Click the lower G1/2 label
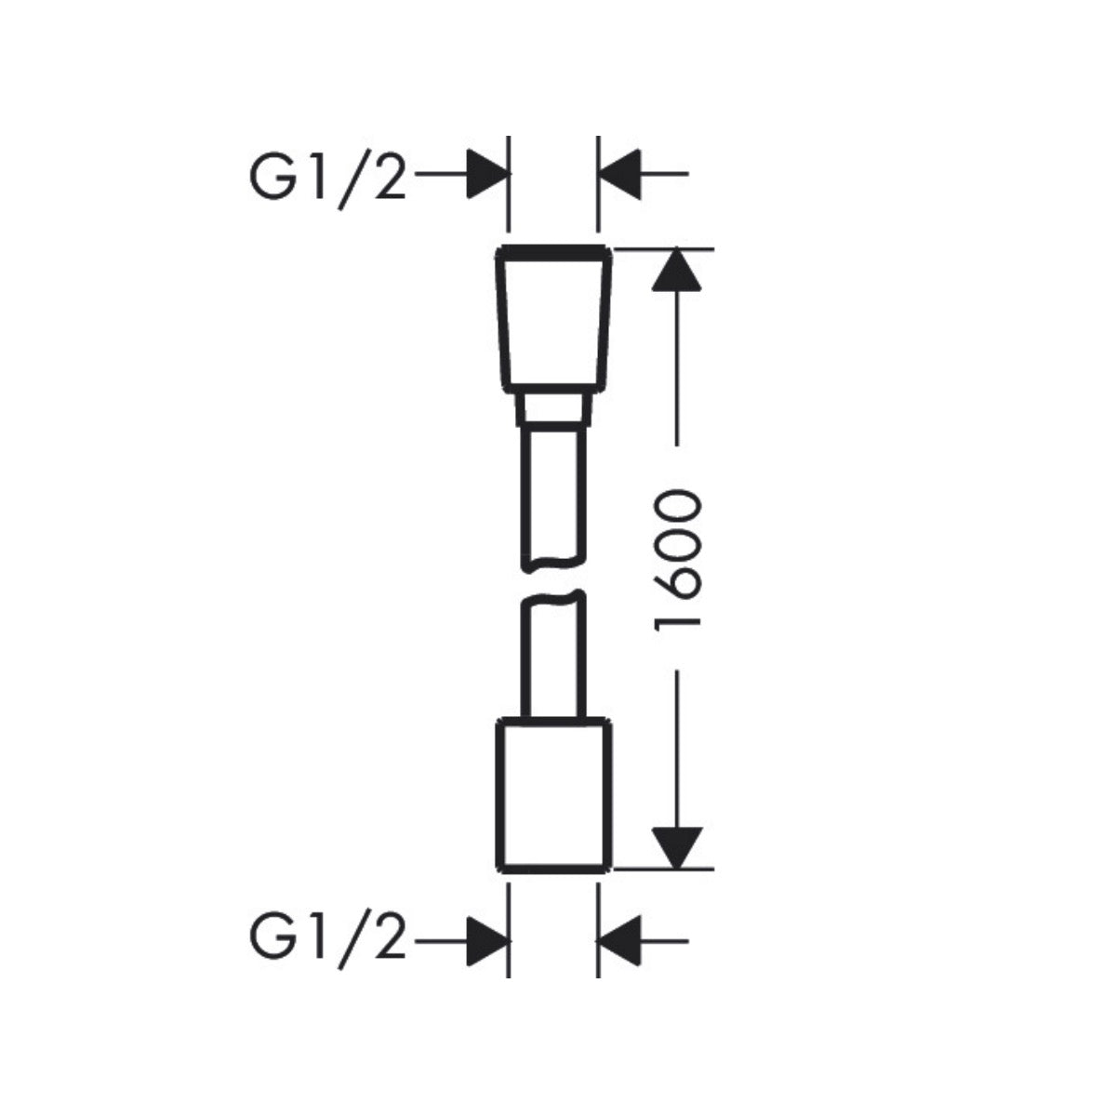point(327,942)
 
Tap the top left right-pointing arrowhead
point(488,174)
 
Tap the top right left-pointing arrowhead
point(619,174)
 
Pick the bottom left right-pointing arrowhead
point(488,941)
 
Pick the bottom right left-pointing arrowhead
point(619,941)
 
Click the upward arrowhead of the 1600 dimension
point(676,270)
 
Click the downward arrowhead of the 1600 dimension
point(677,847)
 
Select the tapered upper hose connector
point(553,320)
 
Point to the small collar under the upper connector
point(553,410)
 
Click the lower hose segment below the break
point(553,655)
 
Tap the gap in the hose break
point(553,582)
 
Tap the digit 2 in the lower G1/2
point(387,940)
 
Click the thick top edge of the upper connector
point(553,253)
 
